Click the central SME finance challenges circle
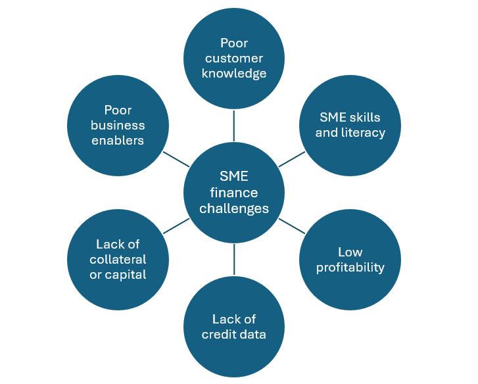(234, 192)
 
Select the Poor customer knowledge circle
(234, 58)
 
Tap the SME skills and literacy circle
(350, 125)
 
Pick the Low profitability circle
(350, 259)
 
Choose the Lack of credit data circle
(234, 326)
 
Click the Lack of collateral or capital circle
(118, 259)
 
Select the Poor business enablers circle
(118, 125)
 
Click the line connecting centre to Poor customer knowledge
(234, 125)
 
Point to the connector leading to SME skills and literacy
(292, 158)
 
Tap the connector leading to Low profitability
(292, 226)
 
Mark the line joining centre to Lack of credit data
(234, 259)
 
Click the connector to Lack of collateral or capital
(176, 226)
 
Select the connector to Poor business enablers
(176, 158)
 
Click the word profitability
(350, 267)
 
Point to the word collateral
(118, 259)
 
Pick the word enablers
(118, 140)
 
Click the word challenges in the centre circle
(234, 208)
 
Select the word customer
(234, 59)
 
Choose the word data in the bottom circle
(252, 334)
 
